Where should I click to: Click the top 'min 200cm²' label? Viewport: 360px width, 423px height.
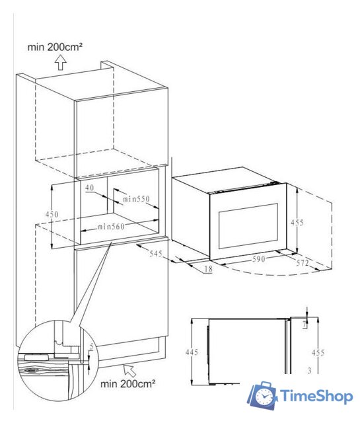pyautogui.click(x=55, y=47)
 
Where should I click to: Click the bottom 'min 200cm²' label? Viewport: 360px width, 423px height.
pyautogui.click(x=127, y=383)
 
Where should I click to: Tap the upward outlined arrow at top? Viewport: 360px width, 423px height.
pyautogui.click(x=61, y=62)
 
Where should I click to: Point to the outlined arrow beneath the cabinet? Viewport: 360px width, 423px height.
pyautogui.click(x=129, y=370)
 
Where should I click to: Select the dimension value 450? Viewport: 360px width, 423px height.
pyautogui.click(x=52, y=214)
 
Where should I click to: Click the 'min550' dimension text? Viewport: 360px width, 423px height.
pyautogui.click(x=136, y=199)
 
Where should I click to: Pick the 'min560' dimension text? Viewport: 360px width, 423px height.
pyautogui.click(x=111, y=227)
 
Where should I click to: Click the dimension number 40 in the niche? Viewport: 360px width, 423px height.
pyautogui.click(x=90, y=187)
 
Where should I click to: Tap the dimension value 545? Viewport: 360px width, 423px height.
pyautogui.click(x=156, y=254)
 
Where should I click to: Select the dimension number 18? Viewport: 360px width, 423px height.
pyautogui.click(x=209, y=269)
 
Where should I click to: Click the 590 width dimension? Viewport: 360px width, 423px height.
pyautogui.click(x=259, y=258)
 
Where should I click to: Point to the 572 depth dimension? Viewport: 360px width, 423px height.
pyautogui.click(x=303, y=262)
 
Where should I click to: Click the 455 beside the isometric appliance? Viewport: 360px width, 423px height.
pyautogui.click(x=297, y=223)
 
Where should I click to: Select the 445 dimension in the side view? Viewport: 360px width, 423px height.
pyautogui.click(x=192, y=352)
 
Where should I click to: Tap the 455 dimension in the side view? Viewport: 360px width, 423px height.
pyautogui.click(x=318, y=352)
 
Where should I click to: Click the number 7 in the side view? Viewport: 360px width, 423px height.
pyautogui.click(x=305, y=325)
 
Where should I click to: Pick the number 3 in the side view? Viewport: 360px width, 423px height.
pyautogui.click(x=310, y=371)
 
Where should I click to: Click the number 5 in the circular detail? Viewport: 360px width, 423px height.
pyautogui.click(x=91, y=347)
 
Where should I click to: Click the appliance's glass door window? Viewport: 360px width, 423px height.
pyautogui.click(x=248, y=226)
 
